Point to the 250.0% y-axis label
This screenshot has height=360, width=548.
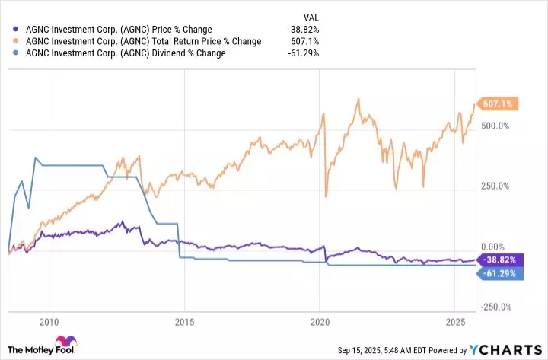coord(495,186)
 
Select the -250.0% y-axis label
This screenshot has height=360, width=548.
coord(495,307)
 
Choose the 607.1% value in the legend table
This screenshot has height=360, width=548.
coord(304,41)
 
